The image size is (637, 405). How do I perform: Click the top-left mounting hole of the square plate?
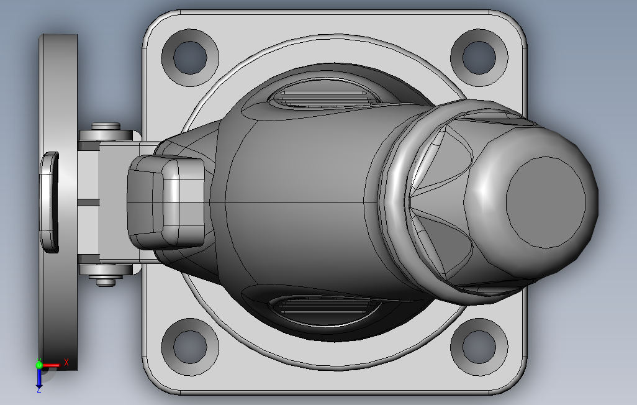pos(190,57)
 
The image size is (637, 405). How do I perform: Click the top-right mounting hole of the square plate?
pos(479,57)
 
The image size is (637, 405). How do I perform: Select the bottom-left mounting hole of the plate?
pos(190,347)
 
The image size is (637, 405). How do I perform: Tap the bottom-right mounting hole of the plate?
pos(479,347)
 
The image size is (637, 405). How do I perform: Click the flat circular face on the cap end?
pos(546,202)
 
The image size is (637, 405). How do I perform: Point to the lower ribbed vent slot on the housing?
pos(325,311)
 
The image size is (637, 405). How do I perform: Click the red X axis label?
pos(66,362)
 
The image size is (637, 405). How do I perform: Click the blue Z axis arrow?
pos(39,378)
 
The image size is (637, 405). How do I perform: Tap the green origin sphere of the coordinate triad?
pos(39,365)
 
